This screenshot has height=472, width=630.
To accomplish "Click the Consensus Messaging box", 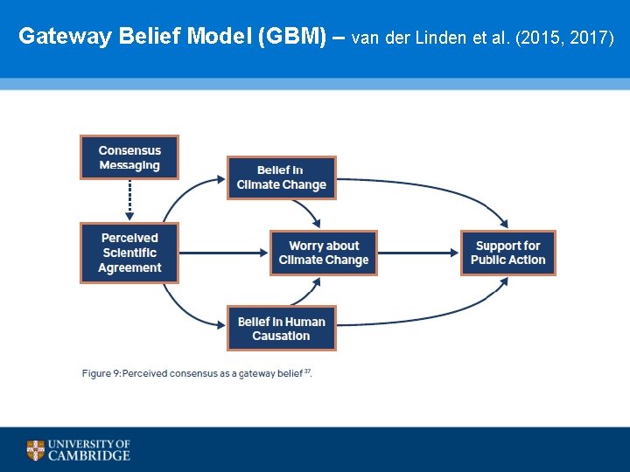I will tap(129, 157).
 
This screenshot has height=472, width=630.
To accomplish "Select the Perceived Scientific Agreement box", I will tap(129, 253).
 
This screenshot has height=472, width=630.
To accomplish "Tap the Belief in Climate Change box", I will tap(281, 177).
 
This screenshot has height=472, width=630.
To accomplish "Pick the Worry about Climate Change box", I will tap(324, 253).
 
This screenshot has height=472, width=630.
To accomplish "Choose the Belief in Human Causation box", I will tap(281, 329).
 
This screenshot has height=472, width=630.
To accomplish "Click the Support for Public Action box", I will tap(507, 253).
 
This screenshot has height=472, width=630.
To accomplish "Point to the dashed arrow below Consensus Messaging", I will tap(129, 200).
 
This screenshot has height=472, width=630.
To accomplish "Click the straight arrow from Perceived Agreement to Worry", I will tap(223, 253).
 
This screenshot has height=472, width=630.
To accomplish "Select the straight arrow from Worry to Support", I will tap(418, 253).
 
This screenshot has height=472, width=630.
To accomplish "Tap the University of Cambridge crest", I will tap(35, 450).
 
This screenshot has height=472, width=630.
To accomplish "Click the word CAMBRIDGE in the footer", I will tap(89, 455).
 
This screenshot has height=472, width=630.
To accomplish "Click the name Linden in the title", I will tap(437, 38).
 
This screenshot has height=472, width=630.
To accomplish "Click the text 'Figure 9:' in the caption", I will tap(101, 374).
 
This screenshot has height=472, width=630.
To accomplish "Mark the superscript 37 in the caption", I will tap(307, 371).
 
